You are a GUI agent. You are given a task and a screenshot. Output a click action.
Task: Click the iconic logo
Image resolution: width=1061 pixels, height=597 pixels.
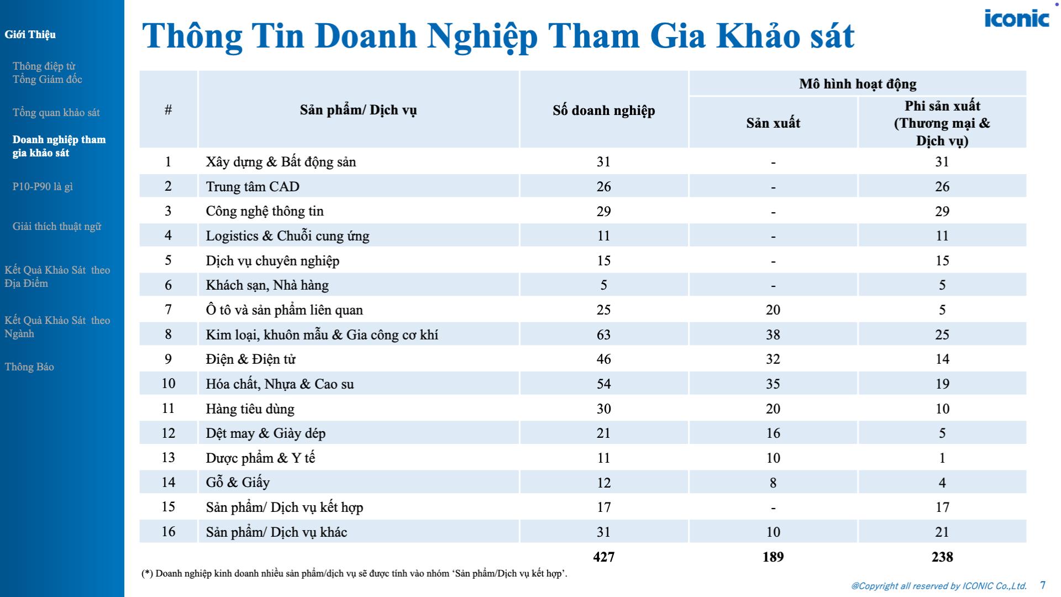coord(1016,19)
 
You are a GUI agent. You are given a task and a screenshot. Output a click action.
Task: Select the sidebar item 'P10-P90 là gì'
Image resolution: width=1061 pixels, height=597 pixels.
coord(43,187)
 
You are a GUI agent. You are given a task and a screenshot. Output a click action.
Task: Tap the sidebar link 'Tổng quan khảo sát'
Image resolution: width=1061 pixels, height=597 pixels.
coord(56,113)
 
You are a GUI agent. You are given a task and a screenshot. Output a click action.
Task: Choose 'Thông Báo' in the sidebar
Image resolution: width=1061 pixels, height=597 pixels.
coord(29,367)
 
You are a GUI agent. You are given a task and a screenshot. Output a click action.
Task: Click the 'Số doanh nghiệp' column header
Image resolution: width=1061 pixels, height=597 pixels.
coord(603,110)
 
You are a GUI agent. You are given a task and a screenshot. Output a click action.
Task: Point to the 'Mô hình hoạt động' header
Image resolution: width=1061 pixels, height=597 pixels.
coord(857,84)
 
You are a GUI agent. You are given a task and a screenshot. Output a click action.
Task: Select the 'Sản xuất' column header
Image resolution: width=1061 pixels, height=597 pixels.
coord(773,123)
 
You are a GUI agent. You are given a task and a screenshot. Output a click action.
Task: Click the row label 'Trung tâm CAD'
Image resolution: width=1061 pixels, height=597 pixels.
coord(253,186)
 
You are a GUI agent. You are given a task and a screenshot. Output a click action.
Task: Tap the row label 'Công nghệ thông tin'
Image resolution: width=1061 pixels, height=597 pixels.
coord(265,211)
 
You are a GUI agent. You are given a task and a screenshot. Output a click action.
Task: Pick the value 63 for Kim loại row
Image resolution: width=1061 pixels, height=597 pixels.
coord(603,334)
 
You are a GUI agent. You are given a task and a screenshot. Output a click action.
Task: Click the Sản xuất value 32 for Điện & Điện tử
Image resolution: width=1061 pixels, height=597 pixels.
coord(773,359)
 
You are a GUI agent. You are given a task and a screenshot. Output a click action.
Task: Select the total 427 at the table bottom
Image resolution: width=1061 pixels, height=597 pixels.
coord(603,557)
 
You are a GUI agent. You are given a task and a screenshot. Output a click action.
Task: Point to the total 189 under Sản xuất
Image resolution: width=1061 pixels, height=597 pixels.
coord(773,557)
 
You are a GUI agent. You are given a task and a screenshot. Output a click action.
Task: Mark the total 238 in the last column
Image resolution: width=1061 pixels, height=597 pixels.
coord(942,557)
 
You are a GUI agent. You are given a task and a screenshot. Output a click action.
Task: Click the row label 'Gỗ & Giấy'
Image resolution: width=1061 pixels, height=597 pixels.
coord(238,483)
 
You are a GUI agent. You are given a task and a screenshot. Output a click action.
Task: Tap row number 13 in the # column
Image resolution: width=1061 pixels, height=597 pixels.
coord(168,458)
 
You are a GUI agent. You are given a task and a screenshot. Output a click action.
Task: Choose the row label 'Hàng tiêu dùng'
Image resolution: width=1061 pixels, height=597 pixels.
coord(250,409)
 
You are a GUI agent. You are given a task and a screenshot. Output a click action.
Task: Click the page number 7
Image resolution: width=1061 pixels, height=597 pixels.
coord(1043,585)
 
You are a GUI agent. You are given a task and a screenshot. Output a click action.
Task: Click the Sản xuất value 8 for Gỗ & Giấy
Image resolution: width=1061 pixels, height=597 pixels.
coord(773,483)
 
